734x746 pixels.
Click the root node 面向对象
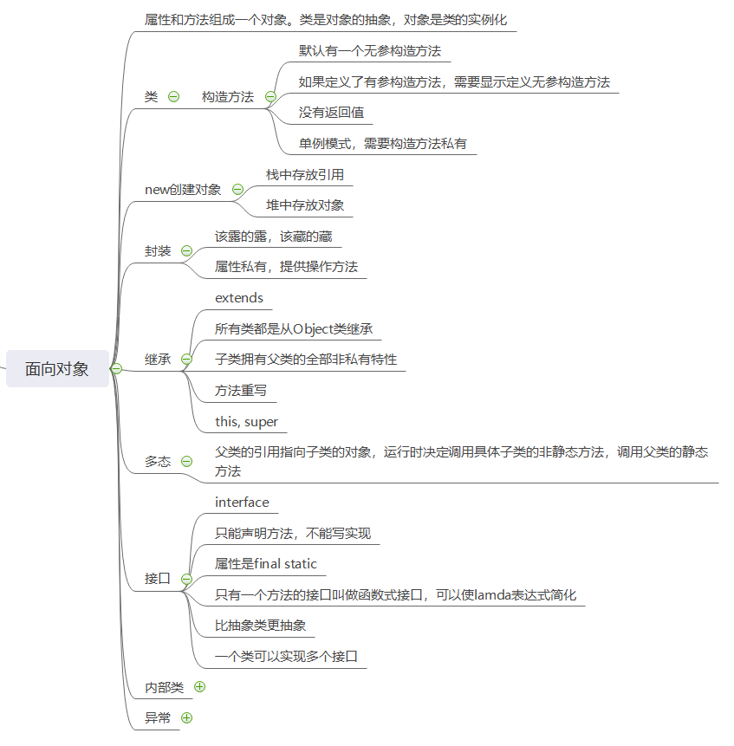pyautogui.click(x=57, y=368)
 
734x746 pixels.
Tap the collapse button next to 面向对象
pyautogui.click(x=116, y=368)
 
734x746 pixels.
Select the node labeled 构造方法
pyautogui.click(x=227, y=97)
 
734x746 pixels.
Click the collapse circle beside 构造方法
pyautogui.click(x=270, y=97)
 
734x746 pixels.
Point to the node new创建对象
pyautogui.click(x=183, y=190)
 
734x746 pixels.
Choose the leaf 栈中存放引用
pyautogui.click(x=305, y=174)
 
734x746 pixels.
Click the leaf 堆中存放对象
pyautogui.click(x=305, y=205)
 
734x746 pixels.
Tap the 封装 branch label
pyautogui.click(x=158, y=251)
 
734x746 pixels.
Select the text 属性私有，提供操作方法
pyautogui.click(x=286, y=267)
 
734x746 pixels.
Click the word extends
pyautogui.click(x=239, y=298)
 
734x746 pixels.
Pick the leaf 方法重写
pyautogui.click(x=241, y=391)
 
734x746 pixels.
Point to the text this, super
pyautogui.click(x=247, y=422)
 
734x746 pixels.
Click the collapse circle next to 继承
pyautogui.click(x=186, y=359)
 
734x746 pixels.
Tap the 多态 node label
pyautogui.click(x=158, y=462)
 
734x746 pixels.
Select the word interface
pyautogui.click(x=242, y=503)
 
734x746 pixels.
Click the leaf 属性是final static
pyautogui.click(x=266, y=564)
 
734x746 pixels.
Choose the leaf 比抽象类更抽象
pyautogui.click(x=260, y=626)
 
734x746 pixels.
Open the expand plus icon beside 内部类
pyautogui.click(x=200, y=687)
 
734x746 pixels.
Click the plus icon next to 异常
pyautogui.click(x=186, y=717)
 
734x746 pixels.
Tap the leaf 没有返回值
pyautogui.click(x=331, y=113)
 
